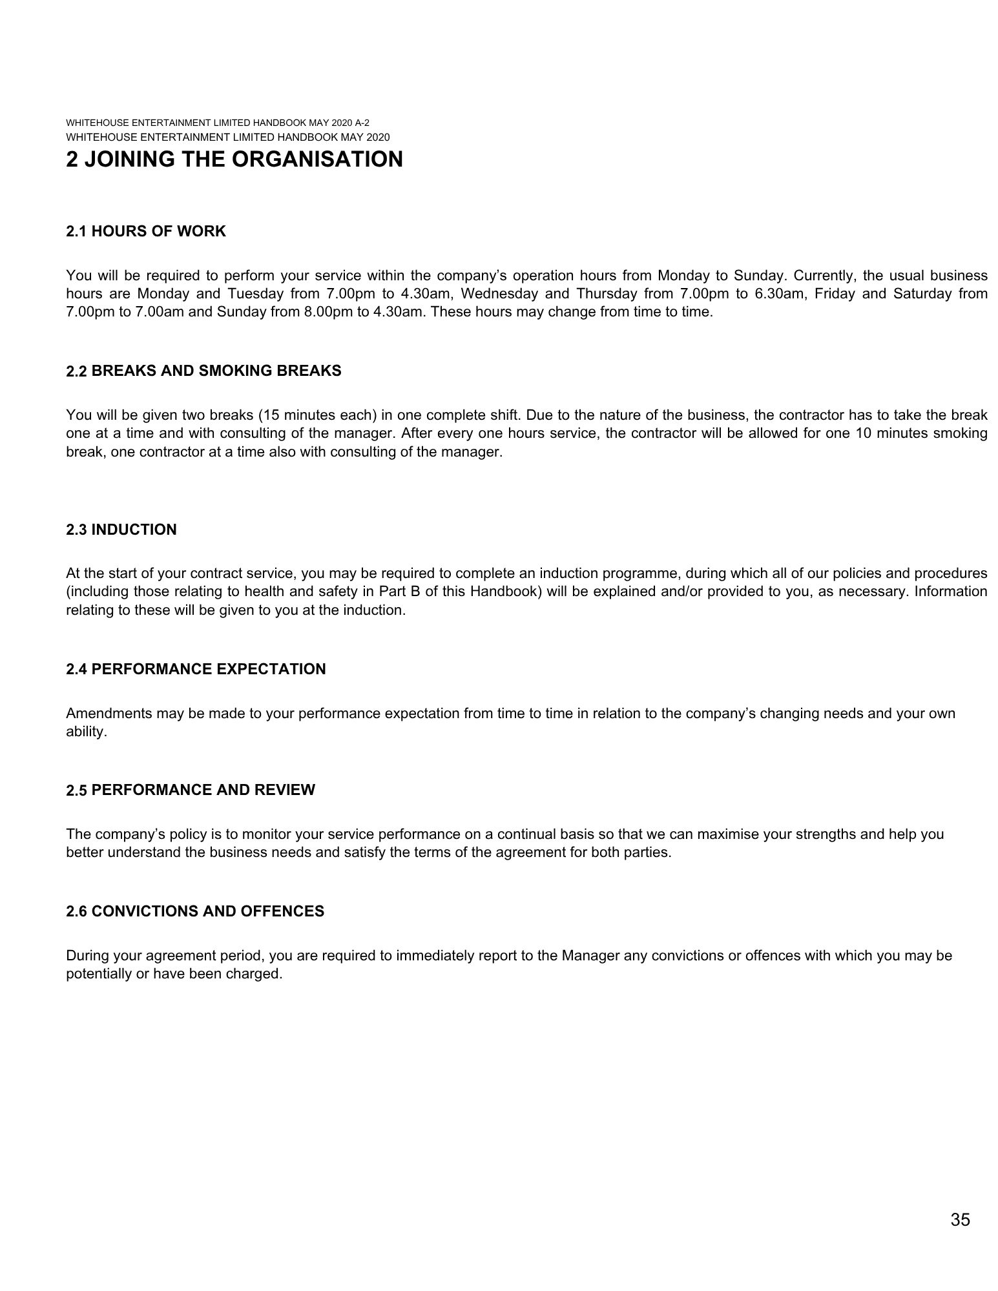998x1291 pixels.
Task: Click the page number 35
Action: pyautogui.click(x=960, y=1220)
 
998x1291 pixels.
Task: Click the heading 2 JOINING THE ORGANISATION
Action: pyautogui.click(x=234, y=160)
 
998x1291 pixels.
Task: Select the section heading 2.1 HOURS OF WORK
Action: pyautogui.click(x=146, y=231)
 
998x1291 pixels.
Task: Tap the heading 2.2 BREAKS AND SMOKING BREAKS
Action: pyautogui.click(x=203, y=371)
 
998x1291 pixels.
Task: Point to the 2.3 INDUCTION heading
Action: pyautogui.click(x=121, y=530)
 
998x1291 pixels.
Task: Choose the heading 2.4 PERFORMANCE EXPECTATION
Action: pyautogui.click(x=196, y=669)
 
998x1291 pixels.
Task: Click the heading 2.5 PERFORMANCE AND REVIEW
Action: pyautogui.click(x=191, y=790)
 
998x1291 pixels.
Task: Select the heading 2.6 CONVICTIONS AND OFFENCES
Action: pyautogui.click(x=195, y=911)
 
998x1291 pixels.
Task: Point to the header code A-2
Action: pyautogui.click(x=361, y=123)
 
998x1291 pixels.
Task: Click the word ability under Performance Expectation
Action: pyautogui.click(x=86, y=732)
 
